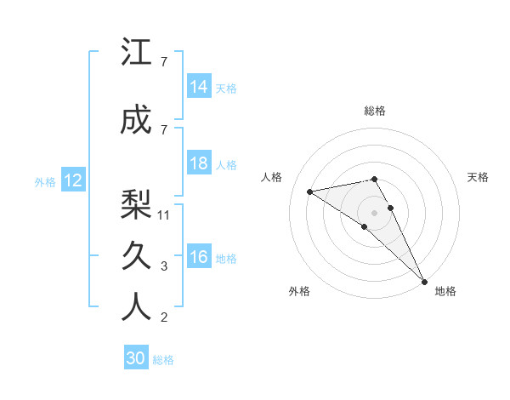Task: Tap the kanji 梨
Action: tap(136, 203)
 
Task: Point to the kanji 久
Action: tap(136, 255)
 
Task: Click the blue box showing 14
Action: tap(199, 87)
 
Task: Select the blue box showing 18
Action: tap(199, 163)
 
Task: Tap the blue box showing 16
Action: tap(199, 257)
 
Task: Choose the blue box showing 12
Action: tap(73, 180)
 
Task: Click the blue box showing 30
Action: tap(136, 358)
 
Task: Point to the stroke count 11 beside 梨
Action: tap(165, 215)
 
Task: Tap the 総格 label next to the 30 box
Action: tap(164, 360)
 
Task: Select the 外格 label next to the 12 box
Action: tap(45, 181)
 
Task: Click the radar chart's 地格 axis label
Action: tap(445, 292)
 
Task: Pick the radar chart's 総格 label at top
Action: tap(375, 111)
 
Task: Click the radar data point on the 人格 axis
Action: tap(310, 191)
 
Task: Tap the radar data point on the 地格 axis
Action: tap(424, 280)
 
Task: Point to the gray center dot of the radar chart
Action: tap(374, 211)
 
